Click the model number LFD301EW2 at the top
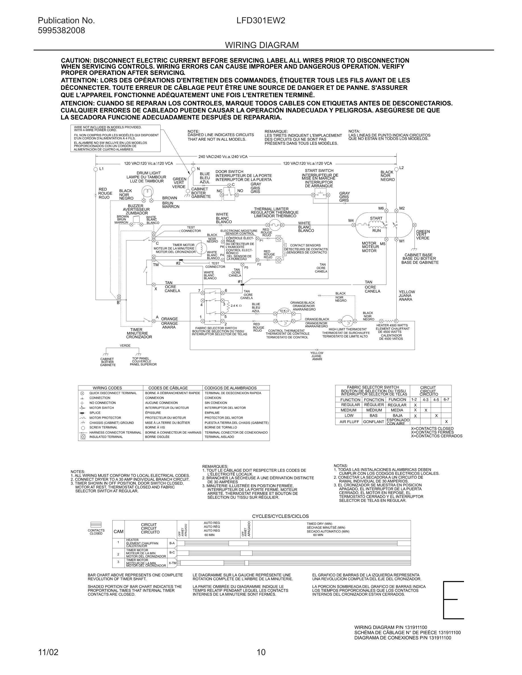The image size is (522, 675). pos(261,21)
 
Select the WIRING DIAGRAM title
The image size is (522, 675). pos(262,45)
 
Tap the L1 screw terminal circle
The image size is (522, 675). pos(96,169)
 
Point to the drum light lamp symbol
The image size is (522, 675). pos(148,192)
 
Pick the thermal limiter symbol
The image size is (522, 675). pos(275,225)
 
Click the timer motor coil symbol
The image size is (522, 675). pos(202,248)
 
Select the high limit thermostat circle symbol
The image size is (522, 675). pos(347,321)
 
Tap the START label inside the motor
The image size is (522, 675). pos(376,218)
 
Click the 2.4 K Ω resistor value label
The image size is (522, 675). pos(236,306)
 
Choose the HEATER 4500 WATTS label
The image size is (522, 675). pos(392,326)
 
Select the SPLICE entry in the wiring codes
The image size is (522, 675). pos(95,413)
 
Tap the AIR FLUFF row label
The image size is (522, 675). pos(349,422)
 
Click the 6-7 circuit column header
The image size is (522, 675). pos(446,400)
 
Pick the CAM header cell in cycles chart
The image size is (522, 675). pos(119,532)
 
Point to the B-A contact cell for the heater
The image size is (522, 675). pos(172,543)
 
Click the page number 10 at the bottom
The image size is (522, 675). pos(261,652)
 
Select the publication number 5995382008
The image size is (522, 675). pos(61,31)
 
